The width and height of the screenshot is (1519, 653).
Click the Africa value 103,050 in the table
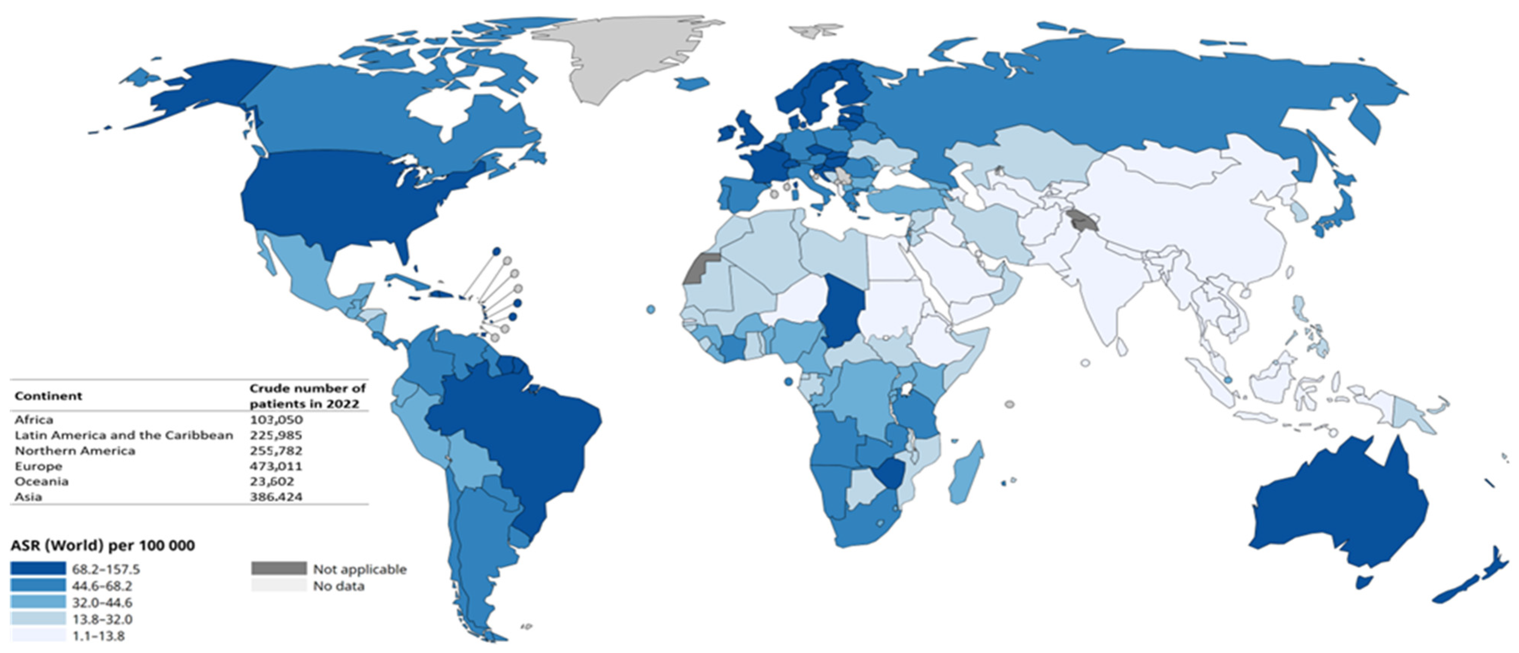click(276, 420)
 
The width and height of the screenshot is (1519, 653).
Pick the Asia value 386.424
click(276, 497)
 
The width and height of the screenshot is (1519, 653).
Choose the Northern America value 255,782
click(276, 451)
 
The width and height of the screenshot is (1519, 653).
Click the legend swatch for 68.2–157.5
click(38, 569)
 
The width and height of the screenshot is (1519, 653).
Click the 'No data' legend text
click(338, 586)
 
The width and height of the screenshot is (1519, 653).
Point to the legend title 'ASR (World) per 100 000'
click(103, 546)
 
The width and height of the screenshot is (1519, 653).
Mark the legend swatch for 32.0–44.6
click(38, 602)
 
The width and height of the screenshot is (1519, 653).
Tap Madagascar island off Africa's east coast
click(967, 472)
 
